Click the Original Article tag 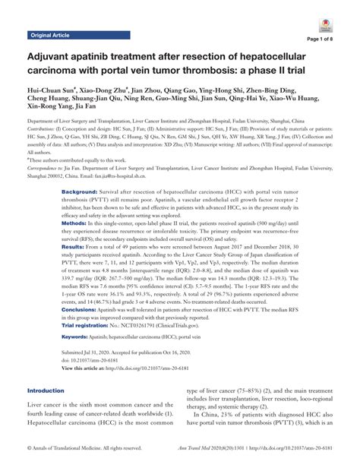50,35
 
